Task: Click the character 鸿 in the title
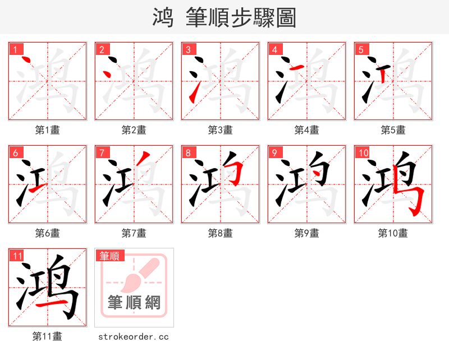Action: (163, 18)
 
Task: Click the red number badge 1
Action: (15, 49)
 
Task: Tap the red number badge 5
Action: (361, 49)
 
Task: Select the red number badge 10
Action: (363, 153)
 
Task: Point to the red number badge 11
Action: (17, 256)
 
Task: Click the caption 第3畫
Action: (220, 130)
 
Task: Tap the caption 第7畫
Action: (134, 233)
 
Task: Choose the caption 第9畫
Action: (306, 233)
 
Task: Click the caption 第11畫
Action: (47, 336)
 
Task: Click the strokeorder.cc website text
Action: (134, 337)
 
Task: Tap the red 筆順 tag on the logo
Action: (109, 256)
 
